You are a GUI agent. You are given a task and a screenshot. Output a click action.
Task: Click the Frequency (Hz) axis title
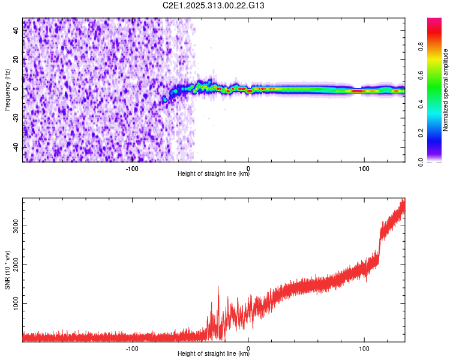coord(7,89)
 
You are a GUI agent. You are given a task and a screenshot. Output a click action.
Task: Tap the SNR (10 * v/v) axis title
coord(7,270)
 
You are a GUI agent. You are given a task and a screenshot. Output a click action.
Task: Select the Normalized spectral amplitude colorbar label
coord(445,90)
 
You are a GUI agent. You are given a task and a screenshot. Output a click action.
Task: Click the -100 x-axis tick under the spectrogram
coord(132,168)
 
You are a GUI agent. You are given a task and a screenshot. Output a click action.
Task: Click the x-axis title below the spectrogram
coord(214,174)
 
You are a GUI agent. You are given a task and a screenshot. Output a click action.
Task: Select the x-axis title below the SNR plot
coord(214,354)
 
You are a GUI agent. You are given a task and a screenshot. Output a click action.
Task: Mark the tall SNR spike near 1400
coord(218,287)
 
